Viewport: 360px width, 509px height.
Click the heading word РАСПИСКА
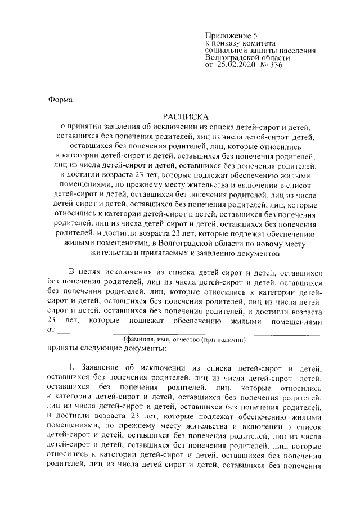[186, 116]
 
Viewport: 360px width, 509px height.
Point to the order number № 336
[271, 65]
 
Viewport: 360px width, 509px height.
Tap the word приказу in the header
[227, 43]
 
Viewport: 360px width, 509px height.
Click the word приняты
[64, 349]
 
